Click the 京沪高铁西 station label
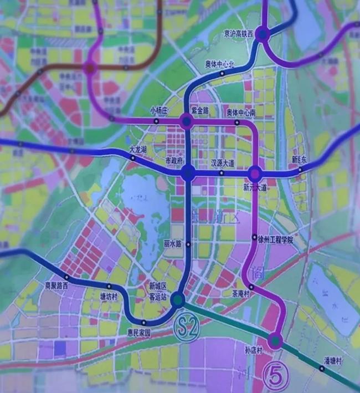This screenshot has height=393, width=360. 238,33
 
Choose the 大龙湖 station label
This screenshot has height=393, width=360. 137,150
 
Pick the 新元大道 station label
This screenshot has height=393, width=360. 255,188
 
